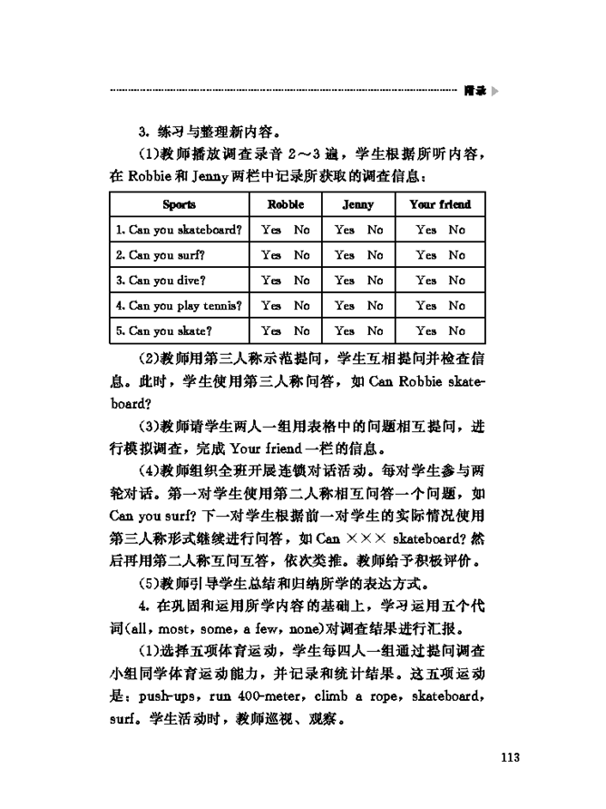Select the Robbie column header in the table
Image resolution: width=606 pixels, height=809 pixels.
coord(285,204)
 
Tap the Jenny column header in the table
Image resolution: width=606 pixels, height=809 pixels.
coord(357,204)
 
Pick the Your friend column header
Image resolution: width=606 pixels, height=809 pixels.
coord(440,204)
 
